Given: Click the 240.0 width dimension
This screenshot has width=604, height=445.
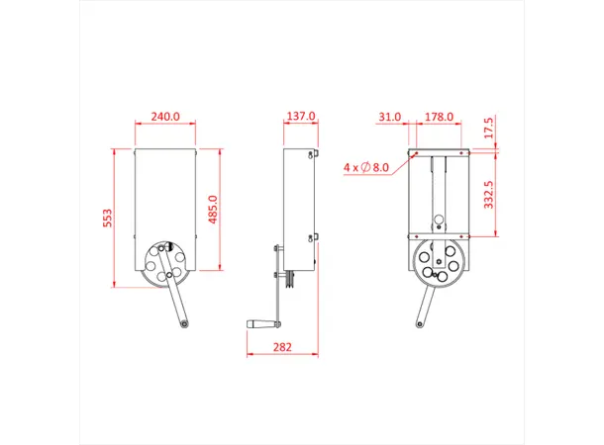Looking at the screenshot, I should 164,117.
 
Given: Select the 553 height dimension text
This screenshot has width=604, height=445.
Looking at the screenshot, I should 107,218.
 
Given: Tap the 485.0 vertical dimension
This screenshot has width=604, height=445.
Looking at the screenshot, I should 212,209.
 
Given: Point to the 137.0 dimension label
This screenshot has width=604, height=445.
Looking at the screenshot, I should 300,117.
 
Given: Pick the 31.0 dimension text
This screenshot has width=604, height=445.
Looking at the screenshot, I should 389,117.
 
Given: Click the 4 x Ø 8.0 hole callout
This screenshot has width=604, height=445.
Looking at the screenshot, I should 366,168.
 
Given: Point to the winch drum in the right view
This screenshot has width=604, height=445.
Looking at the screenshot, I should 437,263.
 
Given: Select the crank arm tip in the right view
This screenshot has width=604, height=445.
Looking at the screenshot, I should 419,324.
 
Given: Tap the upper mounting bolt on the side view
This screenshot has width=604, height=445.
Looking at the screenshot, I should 313,153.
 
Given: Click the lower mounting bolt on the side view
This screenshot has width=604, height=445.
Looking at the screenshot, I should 314,237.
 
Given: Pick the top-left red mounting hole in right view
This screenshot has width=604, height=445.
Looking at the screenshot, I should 416,153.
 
